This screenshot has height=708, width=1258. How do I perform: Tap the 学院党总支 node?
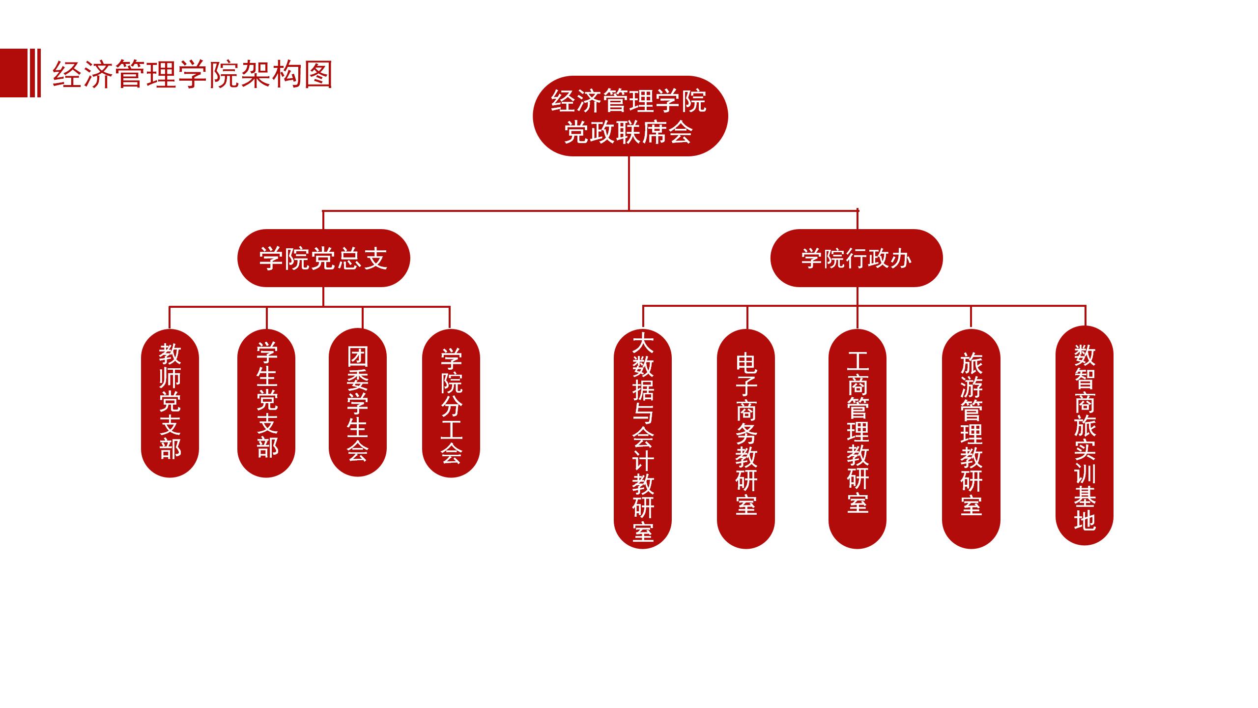tap(323, 258)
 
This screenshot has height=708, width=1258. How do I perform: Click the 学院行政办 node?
tap(856, 258)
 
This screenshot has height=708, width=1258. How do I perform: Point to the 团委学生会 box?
tap(357, 402)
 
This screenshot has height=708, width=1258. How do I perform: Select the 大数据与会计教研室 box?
tap(642, 438)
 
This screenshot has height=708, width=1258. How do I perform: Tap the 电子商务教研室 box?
tap(746, 438)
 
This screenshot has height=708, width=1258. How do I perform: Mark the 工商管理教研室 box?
tap(857, 438)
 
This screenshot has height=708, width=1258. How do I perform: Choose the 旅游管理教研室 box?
tap(971, 438)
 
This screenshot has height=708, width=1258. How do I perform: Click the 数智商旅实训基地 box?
tap(1084, 436)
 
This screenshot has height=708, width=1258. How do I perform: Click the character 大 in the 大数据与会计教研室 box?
tap(642, 343)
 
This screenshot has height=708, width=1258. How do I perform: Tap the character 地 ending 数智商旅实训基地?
tap(1084, 520)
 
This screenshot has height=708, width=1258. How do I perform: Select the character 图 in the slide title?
tap(318, 75)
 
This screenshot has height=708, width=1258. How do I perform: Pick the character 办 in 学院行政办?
tap(900, 259)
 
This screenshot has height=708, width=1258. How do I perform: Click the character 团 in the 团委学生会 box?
tap(357, 356)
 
